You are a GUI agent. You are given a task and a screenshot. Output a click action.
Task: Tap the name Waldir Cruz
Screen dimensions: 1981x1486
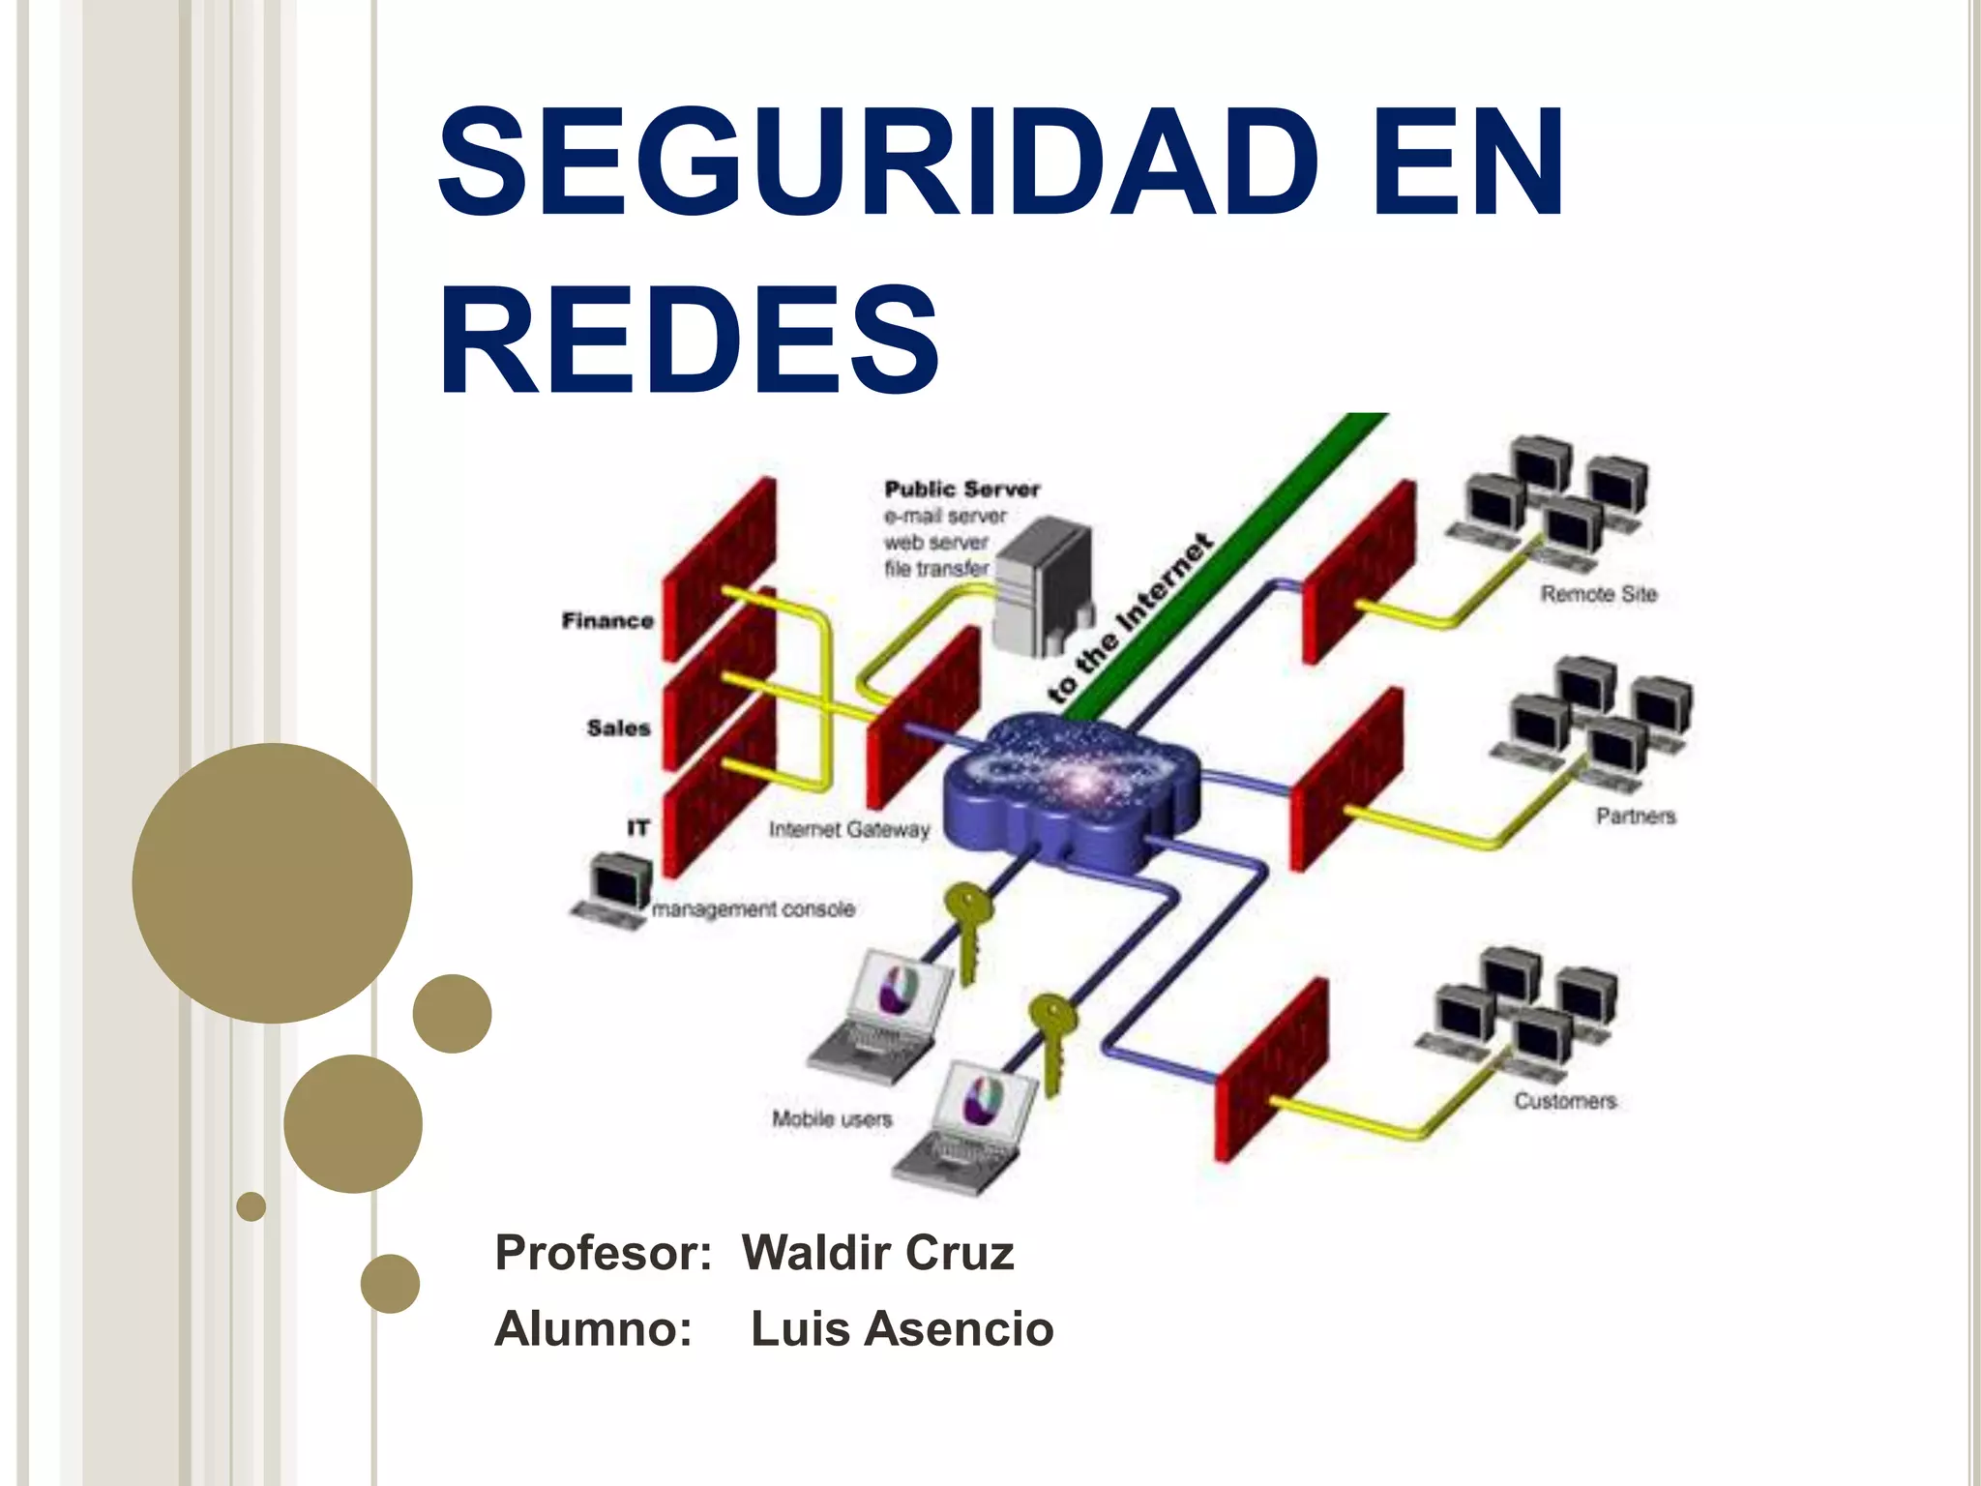pyautogui.click(x=877, y=1253)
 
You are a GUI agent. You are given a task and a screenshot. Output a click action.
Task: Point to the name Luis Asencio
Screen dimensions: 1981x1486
pyautogui.click(x=902, y=1328)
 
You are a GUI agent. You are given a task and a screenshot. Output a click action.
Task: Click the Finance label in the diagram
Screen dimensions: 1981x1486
pyautogui.click(x=607, y=620)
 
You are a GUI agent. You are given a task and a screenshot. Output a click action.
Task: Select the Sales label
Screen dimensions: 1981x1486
pyautogui.click(x=618, y=728)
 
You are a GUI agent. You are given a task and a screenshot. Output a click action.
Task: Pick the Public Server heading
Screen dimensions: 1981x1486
pyautogui.click(x=961, y=490)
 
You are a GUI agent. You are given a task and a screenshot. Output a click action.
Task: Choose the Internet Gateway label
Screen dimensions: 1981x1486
pyautogui.click(x=848, y=829)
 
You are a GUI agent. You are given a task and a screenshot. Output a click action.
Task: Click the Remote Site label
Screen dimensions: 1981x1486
pyautogui.click(x=1598, y=594)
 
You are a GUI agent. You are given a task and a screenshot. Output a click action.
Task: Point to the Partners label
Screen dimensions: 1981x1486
pyautogui.click(x=1635, y=817)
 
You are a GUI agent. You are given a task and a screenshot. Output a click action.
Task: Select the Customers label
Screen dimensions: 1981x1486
pyautogui.click(x=1564, y=1101)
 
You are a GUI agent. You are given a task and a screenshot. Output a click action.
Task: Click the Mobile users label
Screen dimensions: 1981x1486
pyautogui.click(x=831, y=1119)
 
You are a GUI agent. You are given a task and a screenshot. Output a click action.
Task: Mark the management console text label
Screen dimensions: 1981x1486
pyautogui.click(x=754, y=909)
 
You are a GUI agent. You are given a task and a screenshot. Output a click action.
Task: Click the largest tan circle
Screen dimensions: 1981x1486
pyautogui.click(x=272, y=882)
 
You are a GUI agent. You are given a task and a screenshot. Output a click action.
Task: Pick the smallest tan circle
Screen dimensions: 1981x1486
pyautogui.click(x=251, y=1206)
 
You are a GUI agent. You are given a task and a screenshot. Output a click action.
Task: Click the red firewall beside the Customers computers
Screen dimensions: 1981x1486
pyautogui.click(x=1270, y=1069)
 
